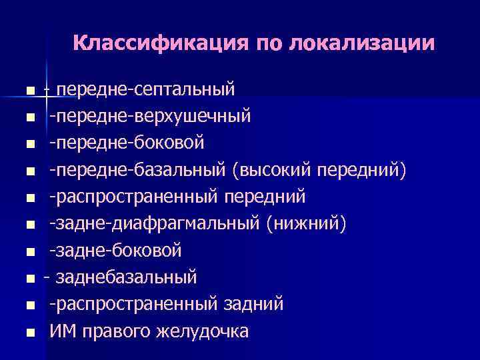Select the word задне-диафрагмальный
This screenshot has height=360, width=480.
pos(157,223)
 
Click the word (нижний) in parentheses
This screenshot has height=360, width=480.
pos(306,223)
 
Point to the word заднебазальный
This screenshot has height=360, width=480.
pos(127,277)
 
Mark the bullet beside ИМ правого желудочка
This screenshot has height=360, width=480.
pos(30,332)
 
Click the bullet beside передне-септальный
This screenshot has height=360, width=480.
pos(30,90)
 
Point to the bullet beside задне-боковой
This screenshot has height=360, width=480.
pos(30,251)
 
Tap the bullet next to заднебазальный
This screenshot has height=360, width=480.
pos(30,278)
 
